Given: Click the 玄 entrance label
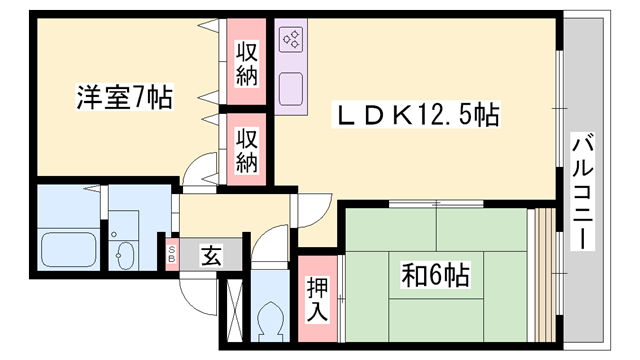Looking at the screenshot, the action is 211,255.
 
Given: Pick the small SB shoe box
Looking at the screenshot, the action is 172,252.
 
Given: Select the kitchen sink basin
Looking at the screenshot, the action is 292,91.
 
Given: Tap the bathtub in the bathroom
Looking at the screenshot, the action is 66,248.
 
